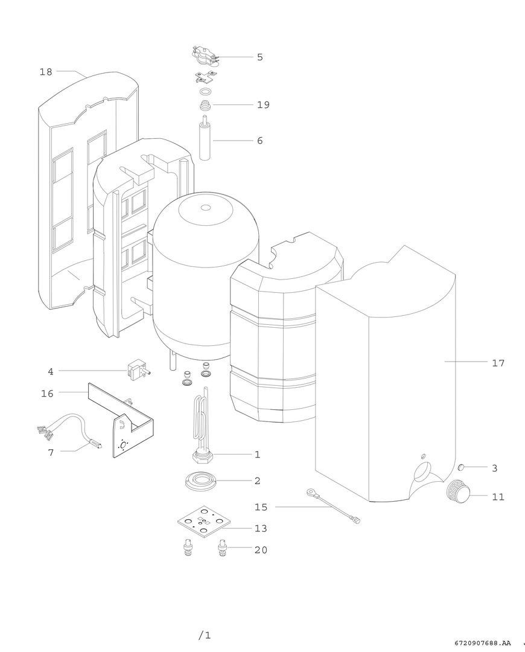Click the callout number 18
pos(46,72)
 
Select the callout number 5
pos(259,57)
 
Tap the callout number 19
pos(262,105)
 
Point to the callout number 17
pos(498,363)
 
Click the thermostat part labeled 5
pos(205,56)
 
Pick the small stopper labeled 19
pos(205,107)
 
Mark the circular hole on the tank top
pos(206,208)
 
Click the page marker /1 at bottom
pos(205,635)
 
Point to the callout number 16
pos(47,394)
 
